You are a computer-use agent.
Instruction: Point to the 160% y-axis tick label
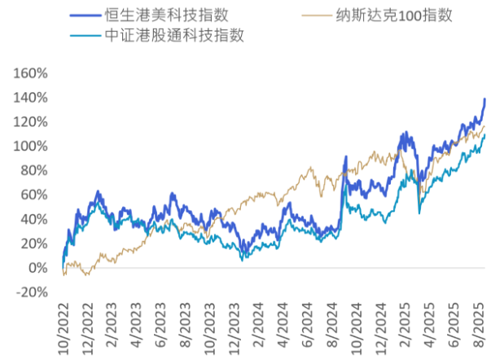(x=32, y=73)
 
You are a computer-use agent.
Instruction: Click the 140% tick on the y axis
(x=32, y=98)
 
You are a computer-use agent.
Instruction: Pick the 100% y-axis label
(x=32, y=146)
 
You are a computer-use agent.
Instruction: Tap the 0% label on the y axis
(x=38, y=268)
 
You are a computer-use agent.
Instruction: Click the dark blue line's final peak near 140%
(x=484, y=99)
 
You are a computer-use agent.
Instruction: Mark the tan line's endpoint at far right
(x=484, y=125)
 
